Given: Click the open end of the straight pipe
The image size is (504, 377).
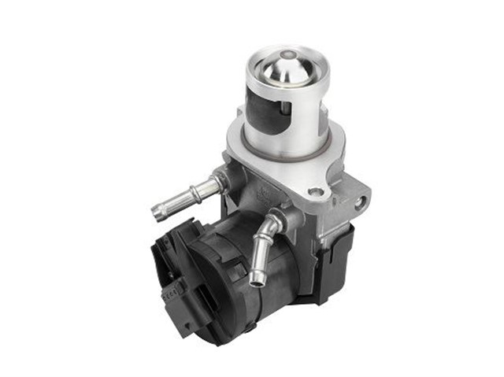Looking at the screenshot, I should tap(157, 211).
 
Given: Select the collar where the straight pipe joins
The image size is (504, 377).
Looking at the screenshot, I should tap(218, 183).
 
